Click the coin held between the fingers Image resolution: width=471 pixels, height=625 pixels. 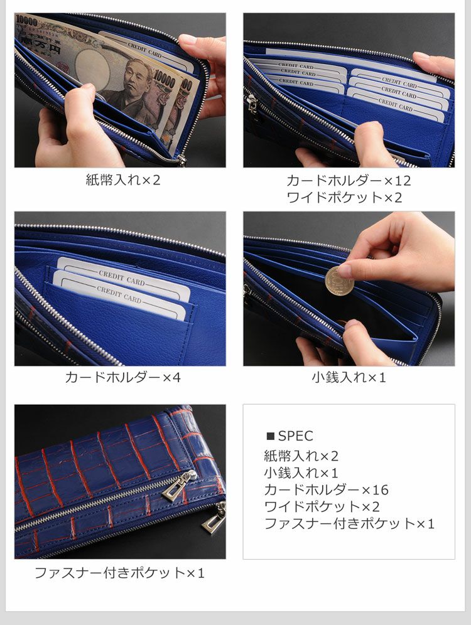point(339,281)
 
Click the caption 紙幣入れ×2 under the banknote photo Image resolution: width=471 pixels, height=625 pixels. point(123,179)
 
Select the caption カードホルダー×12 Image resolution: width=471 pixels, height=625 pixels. point(349,181)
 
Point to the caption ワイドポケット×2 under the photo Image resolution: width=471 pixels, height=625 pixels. point(344,197)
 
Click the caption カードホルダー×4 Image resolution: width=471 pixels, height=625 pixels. point(123,377)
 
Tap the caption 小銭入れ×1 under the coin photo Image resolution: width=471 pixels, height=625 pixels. point(349,377)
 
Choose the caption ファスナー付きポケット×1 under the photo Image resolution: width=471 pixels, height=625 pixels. point(120,573)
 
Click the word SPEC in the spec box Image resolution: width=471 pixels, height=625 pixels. point(296,436)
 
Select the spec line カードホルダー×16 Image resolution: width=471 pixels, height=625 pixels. point(326,489)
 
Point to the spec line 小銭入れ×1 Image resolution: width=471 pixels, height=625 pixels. point(301,473)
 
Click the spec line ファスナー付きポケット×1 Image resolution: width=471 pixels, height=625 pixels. point(349,523)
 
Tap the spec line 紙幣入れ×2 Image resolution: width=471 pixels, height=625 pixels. point(301,456)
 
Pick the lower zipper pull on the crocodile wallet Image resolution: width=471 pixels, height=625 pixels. point(214,518)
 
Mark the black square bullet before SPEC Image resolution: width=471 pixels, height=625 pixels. point(271,436)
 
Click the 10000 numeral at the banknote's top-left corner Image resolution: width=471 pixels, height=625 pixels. point(27,21)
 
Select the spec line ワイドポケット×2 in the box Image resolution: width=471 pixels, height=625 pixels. point(322,506)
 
